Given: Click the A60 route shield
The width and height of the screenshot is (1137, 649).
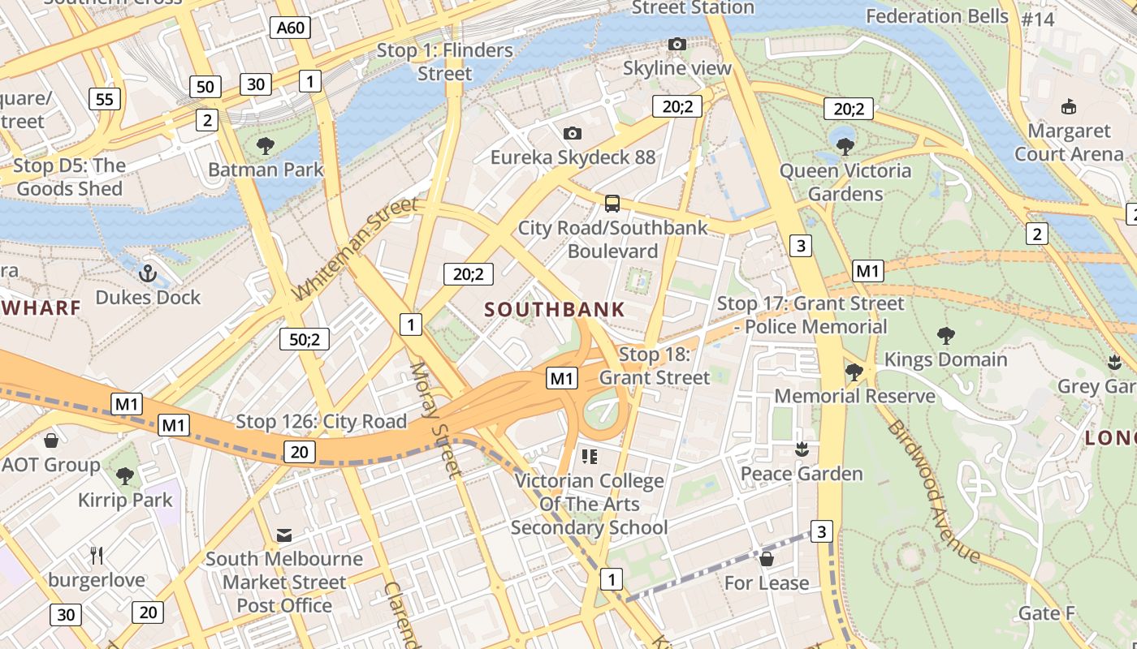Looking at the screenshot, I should click(x=290, y=28).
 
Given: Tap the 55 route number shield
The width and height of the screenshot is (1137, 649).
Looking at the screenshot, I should click(x=104, y=99).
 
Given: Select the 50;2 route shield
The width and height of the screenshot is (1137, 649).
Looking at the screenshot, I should click(x=305, y=339).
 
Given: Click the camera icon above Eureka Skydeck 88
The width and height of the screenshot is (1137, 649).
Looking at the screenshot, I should click(x=573, y=133).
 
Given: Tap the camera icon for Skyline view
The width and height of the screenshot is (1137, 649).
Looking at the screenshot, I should click(x=677, y=44).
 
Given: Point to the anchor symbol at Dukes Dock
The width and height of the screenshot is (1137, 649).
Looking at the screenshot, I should click(x=147, y=273).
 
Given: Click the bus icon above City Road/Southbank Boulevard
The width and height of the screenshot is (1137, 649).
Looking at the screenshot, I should click(x=612, y=204).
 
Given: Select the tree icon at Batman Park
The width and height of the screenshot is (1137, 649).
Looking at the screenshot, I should click(x=265, y=146).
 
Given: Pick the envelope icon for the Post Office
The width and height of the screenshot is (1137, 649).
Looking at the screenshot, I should click(x=284, y=535).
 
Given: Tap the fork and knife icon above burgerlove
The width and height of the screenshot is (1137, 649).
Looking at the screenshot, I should click(x=97, y=556).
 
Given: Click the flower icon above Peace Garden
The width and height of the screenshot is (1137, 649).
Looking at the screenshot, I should click(x=802, y=449).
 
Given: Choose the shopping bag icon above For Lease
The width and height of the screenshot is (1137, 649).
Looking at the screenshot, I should click(x=766, y=559).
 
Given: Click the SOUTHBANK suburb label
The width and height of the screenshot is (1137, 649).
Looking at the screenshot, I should click(x=555, y=309).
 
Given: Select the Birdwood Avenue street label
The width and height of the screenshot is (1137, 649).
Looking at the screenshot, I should click(x=934, y=492).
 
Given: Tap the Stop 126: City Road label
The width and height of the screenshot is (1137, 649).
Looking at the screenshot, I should click(x=321, y=422).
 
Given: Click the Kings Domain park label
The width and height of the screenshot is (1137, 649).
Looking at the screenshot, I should click(x=945, y=359).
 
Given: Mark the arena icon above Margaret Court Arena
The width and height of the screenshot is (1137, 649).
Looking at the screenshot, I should click(x=1069, y=106).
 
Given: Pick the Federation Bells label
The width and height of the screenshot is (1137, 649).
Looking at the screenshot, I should click(x=937, y=16).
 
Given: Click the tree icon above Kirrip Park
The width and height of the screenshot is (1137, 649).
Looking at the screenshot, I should click(x=124, y=475).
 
